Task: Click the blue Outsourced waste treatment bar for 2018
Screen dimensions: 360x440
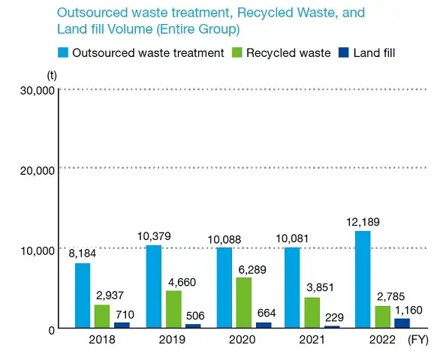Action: (x=83, y=295)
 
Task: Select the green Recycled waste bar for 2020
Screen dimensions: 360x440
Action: (x=243, y=303)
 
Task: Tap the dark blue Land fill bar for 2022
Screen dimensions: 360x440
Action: (x=402, y=323)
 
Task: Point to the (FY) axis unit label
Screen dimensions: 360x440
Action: (x=419, y=340)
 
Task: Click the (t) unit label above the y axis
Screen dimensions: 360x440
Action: (x=51, y=75)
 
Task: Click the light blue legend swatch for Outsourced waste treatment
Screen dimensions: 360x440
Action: (x=65, y=52)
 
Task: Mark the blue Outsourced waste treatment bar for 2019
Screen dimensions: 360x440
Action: (x=153, y=286)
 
